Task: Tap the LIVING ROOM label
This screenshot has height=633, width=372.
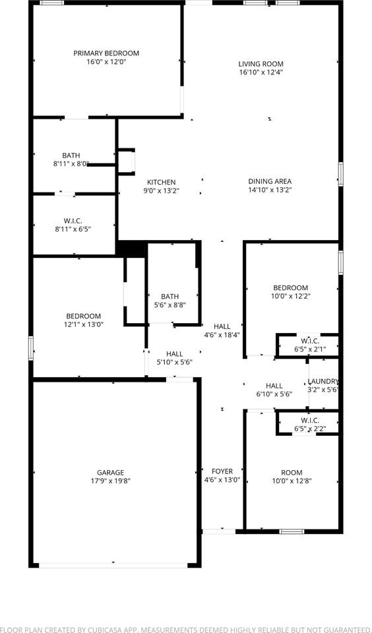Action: coord(261,64)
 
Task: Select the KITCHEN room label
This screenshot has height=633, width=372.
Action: coord(161,182)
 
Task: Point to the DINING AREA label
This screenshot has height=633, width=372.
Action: coord(270,181)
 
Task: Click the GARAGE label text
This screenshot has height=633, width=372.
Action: coord(110,472)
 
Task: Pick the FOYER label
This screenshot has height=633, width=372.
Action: coord(222,471)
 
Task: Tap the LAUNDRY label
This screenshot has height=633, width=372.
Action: coord(323,381)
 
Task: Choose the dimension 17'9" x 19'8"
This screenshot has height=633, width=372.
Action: coord(110,481)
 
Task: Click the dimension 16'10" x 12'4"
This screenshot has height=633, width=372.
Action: coord(261,73)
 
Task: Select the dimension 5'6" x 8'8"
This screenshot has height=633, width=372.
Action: coord(170,305)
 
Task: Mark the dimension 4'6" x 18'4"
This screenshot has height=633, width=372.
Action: coord(222,335)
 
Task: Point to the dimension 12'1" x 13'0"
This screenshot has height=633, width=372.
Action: coord(83,324)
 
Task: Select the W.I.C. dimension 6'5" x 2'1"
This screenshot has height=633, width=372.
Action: coord(309,349)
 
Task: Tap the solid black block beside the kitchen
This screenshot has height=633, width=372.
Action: coord(131,249)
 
